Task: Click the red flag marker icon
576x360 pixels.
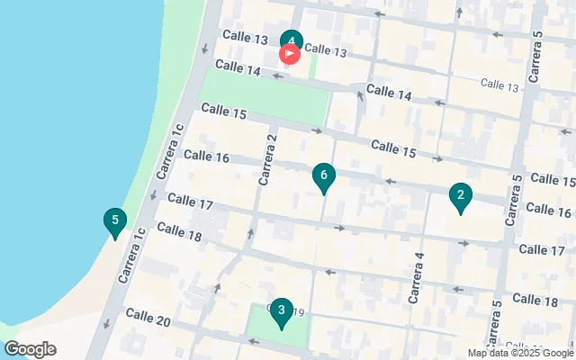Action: (290, 54)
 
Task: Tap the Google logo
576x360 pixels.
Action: (30, 349)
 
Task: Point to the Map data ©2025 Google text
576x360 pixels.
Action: (520, 354)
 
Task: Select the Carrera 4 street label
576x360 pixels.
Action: (417, 279)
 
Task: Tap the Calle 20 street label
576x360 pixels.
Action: (148, 317)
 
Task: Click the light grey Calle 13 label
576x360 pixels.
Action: (499, 85)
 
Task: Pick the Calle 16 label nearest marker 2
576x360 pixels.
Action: (548, 210)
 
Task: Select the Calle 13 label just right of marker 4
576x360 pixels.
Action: (325, 51)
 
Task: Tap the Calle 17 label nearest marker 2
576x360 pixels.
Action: (542, 250)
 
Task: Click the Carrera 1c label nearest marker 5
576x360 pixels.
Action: (129, 255)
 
